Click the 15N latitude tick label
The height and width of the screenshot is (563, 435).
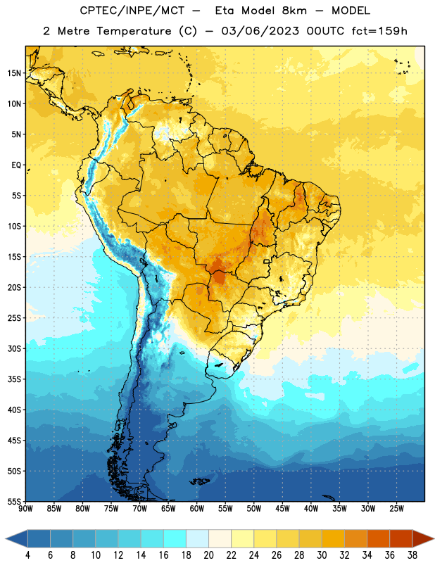(14, 73)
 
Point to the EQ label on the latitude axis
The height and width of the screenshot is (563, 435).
(16, 165)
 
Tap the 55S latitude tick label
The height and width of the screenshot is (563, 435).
(14, 502)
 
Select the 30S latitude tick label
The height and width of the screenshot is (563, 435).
(14, 348)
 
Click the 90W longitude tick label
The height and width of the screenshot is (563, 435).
(25, 508)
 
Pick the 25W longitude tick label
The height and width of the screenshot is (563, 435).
(396, 508)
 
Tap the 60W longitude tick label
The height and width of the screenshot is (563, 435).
(197, 508)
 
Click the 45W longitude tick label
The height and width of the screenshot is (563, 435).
(282, 508)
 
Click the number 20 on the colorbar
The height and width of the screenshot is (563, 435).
(208, 555)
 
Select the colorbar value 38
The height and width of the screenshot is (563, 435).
(412, 555)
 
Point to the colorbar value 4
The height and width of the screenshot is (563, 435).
(27, 555)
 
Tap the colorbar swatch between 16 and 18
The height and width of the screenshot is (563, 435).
(175, 538)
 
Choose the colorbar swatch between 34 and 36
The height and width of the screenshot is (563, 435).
(379, 538)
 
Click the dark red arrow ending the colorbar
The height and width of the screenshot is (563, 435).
(422, 538)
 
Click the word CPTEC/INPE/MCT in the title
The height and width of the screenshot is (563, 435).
(132, 11)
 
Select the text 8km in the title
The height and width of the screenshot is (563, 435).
(294, 11)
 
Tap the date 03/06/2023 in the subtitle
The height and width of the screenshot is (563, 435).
(260, 31)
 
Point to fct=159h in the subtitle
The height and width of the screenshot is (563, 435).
(379, 31)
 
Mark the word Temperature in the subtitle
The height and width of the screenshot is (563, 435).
(134, 32)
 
